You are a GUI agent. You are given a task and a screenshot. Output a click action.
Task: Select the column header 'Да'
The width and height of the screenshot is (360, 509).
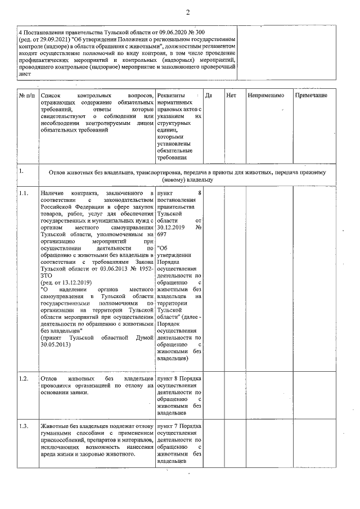(209, 96)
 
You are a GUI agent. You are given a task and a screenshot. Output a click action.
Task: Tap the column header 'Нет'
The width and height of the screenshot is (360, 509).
(231, 96)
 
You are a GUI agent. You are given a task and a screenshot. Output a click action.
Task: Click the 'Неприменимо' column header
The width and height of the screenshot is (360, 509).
(265, 96)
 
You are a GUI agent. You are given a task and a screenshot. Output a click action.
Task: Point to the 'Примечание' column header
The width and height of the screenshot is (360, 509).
(311, 96)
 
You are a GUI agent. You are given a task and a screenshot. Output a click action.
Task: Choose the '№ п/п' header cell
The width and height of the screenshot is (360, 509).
(26, 96)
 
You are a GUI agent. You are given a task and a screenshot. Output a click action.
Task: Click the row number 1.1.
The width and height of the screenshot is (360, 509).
(23, 193)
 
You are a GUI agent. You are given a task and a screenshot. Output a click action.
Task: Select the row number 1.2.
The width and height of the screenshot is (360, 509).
(23, 378)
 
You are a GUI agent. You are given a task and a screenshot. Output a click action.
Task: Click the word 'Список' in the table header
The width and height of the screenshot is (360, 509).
(51, 96)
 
